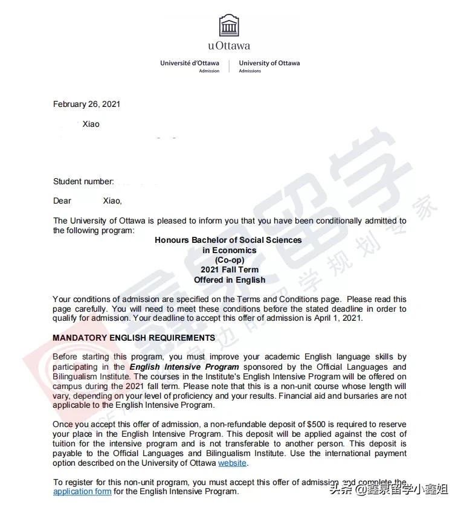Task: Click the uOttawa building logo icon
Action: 229,25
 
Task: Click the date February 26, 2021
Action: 86,104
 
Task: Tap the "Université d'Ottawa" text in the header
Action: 190,63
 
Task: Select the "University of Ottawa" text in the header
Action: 269,63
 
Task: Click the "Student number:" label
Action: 83,181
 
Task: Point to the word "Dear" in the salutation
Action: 62,201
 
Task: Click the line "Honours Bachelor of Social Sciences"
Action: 228,240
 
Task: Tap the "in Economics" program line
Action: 229,250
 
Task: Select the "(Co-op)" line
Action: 229,260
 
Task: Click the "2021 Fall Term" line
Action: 229,269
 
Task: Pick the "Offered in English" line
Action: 229,280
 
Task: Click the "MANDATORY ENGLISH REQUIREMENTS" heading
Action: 134,338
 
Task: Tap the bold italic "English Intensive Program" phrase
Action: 184,367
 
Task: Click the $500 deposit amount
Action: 329,425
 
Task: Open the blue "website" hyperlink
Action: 233,463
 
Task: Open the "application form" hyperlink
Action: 82,491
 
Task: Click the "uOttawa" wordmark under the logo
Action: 229,45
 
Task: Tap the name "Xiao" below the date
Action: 91,124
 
